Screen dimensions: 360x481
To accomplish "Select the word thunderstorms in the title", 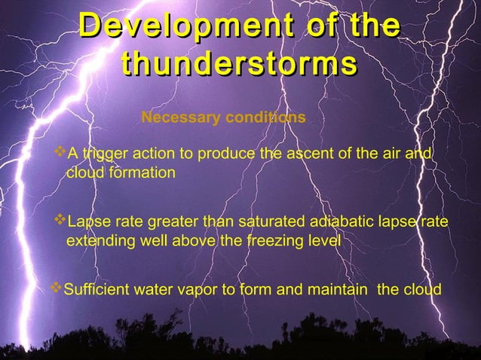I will point(239,64).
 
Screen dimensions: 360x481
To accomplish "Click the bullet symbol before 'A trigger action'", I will point(61,154).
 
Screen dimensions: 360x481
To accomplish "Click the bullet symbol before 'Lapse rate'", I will point(61,222).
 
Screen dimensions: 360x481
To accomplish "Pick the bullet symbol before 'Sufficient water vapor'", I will point(56,289).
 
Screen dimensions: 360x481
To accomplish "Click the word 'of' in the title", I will point(317,27).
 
